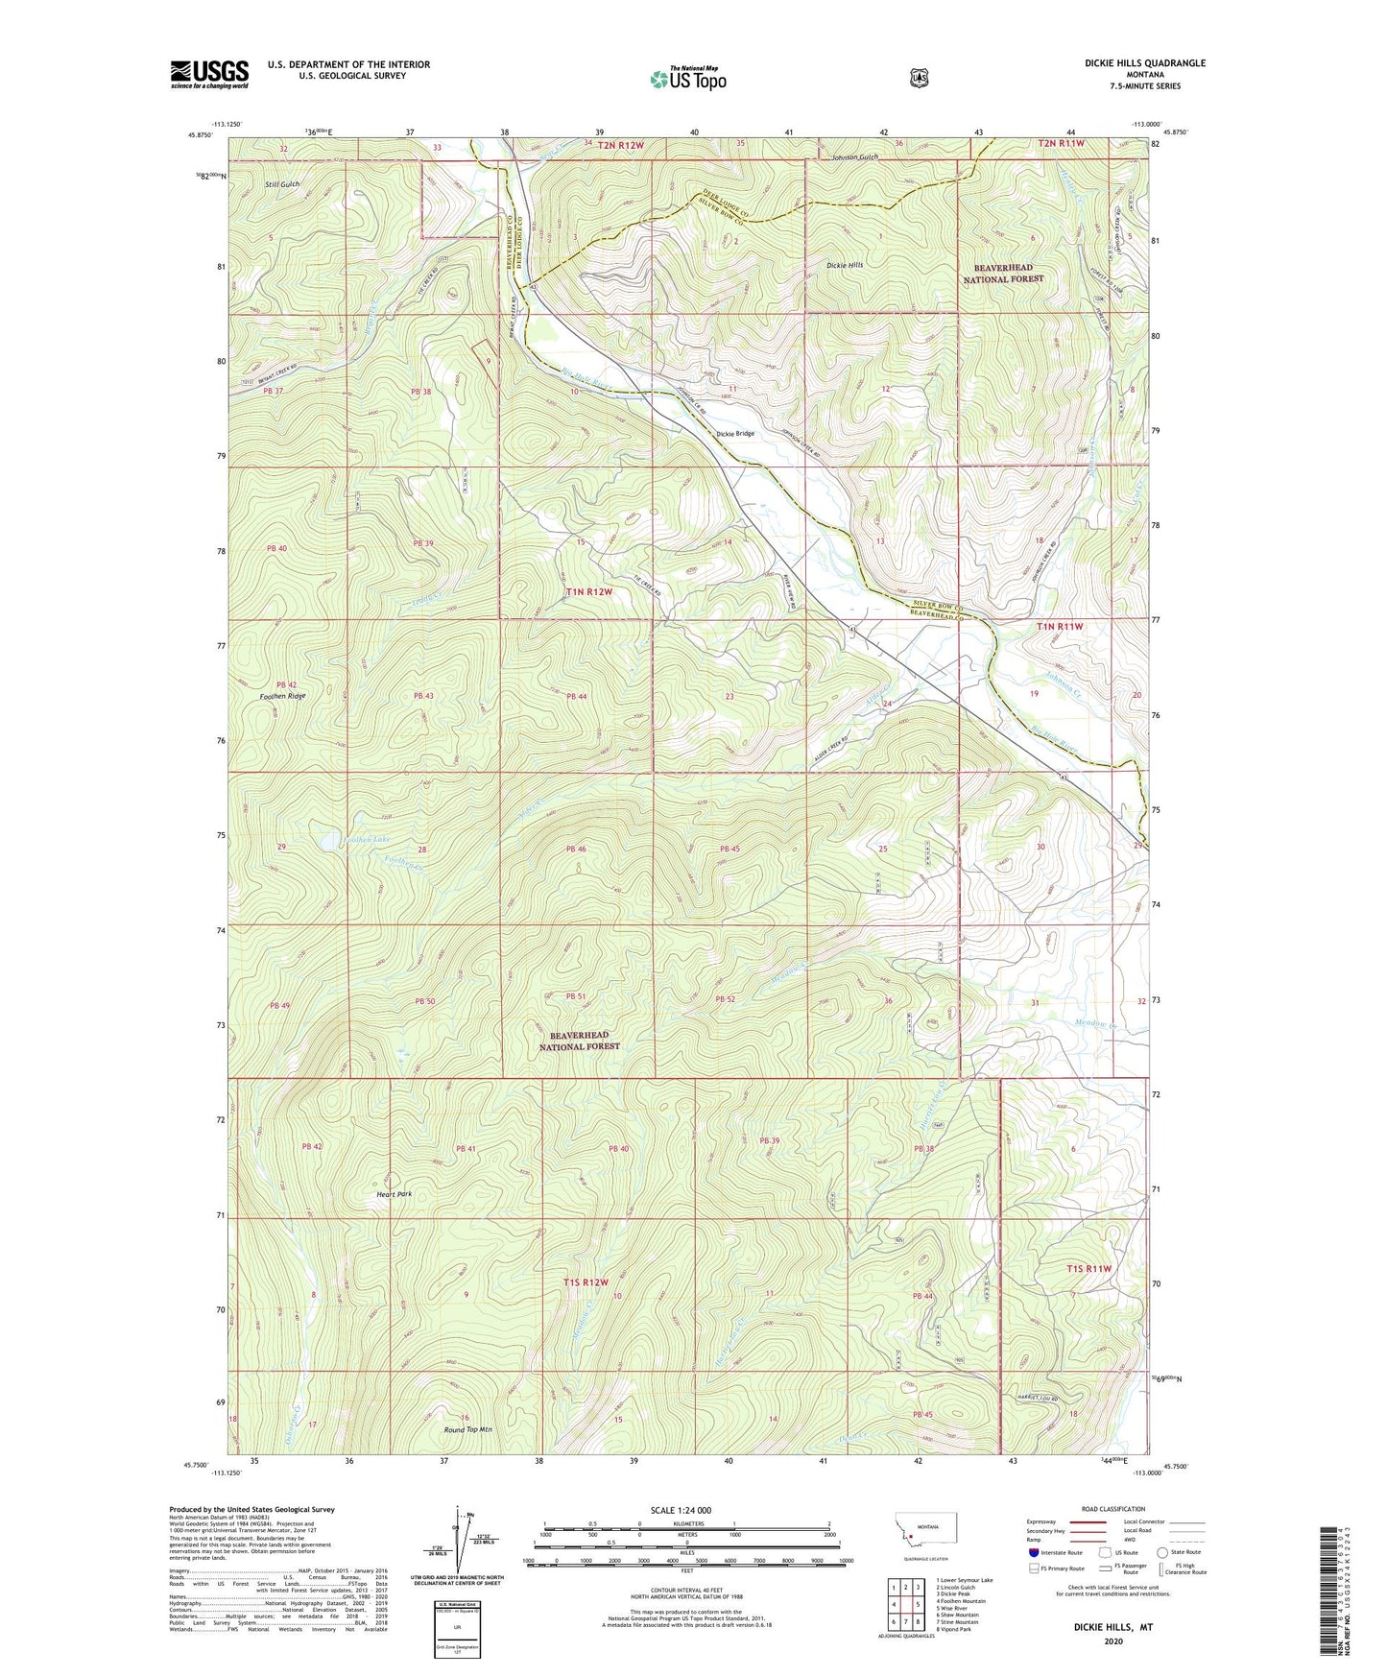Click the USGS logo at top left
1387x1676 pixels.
(x=209, y=74)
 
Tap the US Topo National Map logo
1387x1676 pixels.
(x=686, y=78)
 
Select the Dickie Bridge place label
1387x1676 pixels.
(x=735, y=434)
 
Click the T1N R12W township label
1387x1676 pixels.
(x=588, y=591)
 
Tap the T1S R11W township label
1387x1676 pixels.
(x=1088, y=1268)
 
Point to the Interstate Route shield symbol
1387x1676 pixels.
(x=1033, y=1552)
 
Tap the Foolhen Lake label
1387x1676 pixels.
(x=367, y=840)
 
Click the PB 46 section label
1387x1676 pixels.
(x=576, y=849)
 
